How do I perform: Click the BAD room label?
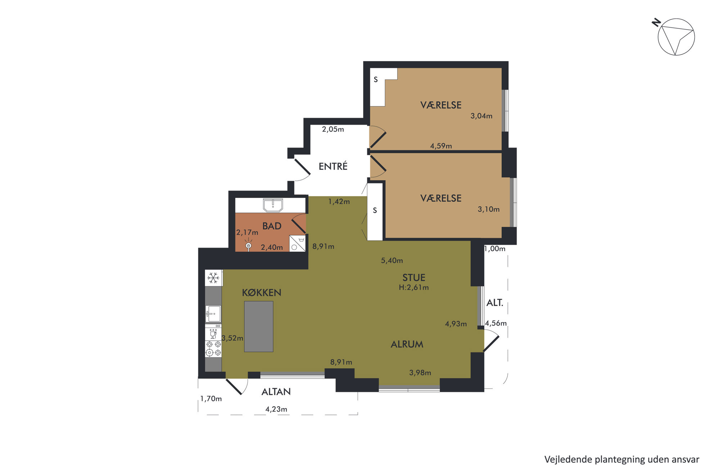coord(272,226)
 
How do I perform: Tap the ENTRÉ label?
coord(333,166)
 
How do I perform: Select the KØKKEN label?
coord(262,293)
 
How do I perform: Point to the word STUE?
coord(414,278)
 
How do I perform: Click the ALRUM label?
coord(407,344)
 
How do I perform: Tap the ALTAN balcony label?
coord(276,392)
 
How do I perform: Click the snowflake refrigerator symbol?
coord(213,278)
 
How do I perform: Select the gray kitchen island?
coord(259,326)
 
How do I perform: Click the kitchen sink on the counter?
coord(213,314)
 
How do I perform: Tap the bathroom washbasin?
coord(273,205)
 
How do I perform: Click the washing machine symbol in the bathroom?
coord(298,243)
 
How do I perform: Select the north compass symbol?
coord(674,37)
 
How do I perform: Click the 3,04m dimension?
coord(481,116)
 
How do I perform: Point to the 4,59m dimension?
coord(441,146)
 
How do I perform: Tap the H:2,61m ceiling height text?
coord(414,287)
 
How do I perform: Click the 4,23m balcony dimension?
coord(276,409)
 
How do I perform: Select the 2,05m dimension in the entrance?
coord(333,129)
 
